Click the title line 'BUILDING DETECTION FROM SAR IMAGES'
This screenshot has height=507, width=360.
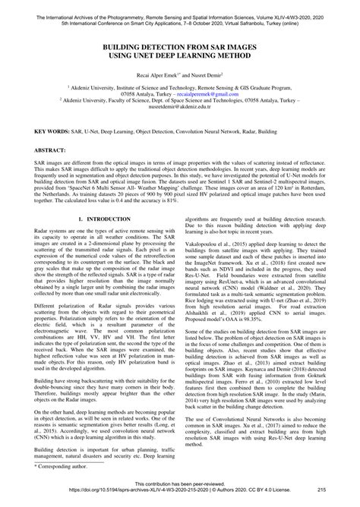pos(180,47)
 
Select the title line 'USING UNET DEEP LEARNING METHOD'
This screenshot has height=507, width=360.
pos(180,56)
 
